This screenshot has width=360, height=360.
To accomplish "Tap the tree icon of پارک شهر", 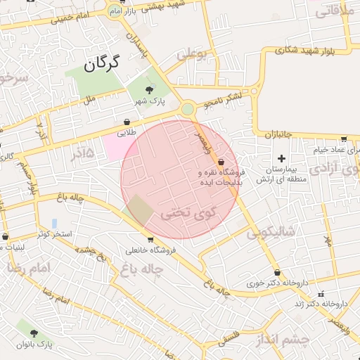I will point(149,89).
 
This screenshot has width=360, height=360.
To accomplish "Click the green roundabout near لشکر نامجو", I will point(187,109).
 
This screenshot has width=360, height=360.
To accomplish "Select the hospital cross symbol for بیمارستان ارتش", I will point(282,158).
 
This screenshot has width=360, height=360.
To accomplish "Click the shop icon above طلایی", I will point(127,122).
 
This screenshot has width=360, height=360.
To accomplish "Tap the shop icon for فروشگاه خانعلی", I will point(150,240).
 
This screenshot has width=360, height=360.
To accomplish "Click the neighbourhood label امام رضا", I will point(30,269).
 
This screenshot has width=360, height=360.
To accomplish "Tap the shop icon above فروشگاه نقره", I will point(221,162).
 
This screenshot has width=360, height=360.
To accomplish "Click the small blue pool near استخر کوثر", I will point(54,223).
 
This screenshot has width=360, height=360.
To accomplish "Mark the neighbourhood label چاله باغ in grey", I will point(142,268).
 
